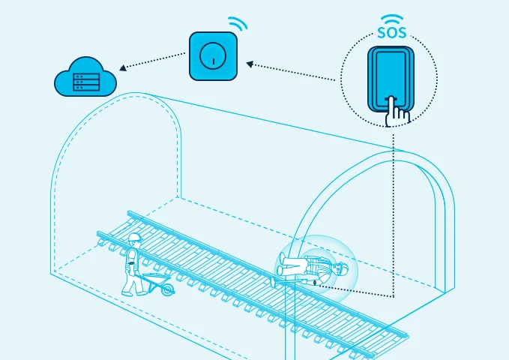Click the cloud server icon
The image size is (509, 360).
(85, 77)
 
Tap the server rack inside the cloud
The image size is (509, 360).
(84, 82)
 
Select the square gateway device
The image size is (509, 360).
(213, 55)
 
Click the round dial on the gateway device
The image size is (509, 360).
(213, 55)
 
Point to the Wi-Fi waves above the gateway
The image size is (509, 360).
(238, 23)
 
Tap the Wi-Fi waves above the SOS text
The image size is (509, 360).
(390, 19)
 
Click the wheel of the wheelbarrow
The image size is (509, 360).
(167, 289)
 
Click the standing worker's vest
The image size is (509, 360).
(133, 256)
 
